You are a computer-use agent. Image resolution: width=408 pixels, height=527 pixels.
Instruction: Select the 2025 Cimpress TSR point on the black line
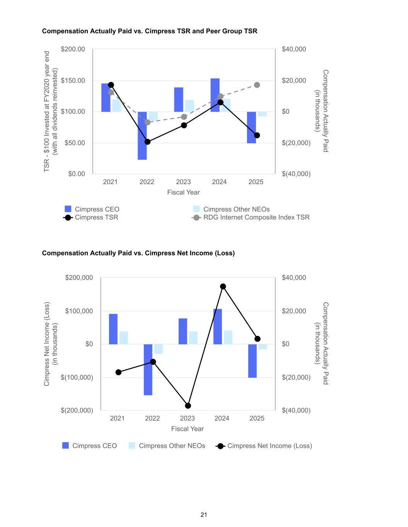[x=257, y=135]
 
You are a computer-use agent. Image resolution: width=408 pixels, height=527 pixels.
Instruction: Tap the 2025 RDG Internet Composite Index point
[x=257, y=85]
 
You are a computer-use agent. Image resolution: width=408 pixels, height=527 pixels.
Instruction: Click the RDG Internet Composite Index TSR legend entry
[x=256, y=217]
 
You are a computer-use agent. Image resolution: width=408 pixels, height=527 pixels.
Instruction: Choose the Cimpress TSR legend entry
[x=96, y=217]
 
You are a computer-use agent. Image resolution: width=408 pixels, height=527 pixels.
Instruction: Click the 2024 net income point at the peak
[x=223, y=286]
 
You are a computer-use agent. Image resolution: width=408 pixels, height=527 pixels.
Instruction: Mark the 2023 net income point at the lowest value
[x=188, y=406]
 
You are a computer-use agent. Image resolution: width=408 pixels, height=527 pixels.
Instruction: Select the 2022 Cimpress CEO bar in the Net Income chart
[x=148, y=369]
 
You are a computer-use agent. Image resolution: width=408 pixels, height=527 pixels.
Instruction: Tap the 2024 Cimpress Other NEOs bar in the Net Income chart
[x=228, y=337]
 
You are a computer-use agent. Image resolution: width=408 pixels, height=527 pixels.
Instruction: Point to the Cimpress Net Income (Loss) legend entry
[x=269, y=446]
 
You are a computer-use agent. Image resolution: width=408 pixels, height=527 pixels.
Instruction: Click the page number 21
[x=204, y=515]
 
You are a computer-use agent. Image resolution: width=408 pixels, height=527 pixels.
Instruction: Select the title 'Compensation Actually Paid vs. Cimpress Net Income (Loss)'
[x=138, y=253]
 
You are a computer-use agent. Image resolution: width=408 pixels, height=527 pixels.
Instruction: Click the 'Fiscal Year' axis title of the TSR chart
[x=183, y=192]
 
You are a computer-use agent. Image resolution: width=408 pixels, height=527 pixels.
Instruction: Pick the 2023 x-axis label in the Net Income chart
[x=188, y=419]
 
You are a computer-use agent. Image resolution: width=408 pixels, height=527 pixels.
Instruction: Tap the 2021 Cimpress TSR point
[x=111, y=85]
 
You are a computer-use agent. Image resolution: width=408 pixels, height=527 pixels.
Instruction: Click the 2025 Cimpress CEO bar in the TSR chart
[x=251, y=127]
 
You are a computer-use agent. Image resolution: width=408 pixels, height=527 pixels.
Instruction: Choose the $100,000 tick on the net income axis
[x=79, y=311]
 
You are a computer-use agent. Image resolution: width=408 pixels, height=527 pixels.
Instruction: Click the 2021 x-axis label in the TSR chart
[x=110, y=182]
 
